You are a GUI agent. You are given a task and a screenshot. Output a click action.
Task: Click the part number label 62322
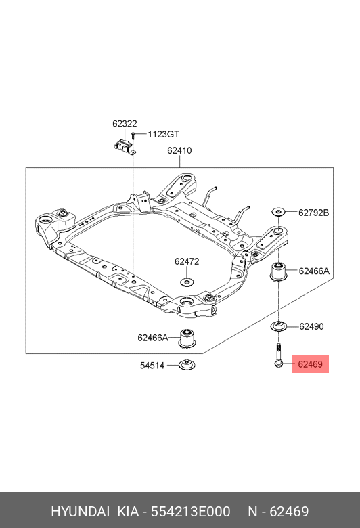pyautogui.click(x=125, y=124)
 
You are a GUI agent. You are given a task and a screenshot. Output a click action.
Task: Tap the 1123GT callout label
pyautogui.click(x=163, y=134)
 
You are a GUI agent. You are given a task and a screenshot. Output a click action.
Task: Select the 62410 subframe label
pyautogui.click(x=179, y=150)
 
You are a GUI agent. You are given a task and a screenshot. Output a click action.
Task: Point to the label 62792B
pyautogui.click(x=313, y=213)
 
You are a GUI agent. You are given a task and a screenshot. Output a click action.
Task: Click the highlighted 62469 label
pyautogui.click(x=310, y=364)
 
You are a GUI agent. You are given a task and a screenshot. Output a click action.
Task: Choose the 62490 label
pyautogui.click(x=311, y=326)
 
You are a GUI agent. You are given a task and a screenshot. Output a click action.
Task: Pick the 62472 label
pyautogui.click(x=187, y=262)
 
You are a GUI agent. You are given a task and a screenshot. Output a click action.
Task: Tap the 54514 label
pyautogui.click(x=152, y=366)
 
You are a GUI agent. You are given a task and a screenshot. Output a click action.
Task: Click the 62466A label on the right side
pyautogui.click(x=314, y=271)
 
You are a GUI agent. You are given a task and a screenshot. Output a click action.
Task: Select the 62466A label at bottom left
pyautogui.click(x=153, y=338)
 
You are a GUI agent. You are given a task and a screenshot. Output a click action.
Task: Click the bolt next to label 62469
pyautogui.click(x=278, y=355)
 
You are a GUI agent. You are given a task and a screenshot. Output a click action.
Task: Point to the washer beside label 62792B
pyautogui.click(x=279, y=212)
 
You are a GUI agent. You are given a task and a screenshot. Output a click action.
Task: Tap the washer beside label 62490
pyautogui.click(x=279, y=326)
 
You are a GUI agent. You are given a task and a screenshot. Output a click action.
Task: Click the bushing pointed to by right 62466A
pyautogui.click(x=279, y=271)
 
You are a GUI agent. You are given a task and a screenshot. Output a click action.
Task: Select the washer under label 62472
pyautogui.click(x=187, y=282)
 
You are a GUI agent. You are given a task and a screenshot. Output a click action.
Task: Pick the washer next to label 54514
pyautogui.click(x=187, y=364)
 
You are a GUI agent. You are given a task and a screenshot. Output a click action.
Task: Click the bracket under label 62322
pyautogui.click(x=123, y=147)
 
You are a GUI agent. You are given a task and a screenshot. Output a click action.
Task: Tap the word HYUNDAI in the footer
pyautogui.click(x=80, y=512)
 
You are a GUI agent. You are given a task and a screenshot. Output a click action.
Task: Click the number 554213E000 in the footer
pyautogui.click(x=190, y=512)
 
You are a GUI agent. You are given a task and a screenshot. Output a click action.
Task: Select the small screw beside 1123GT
pyautogui.click(x=134, y=137)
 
